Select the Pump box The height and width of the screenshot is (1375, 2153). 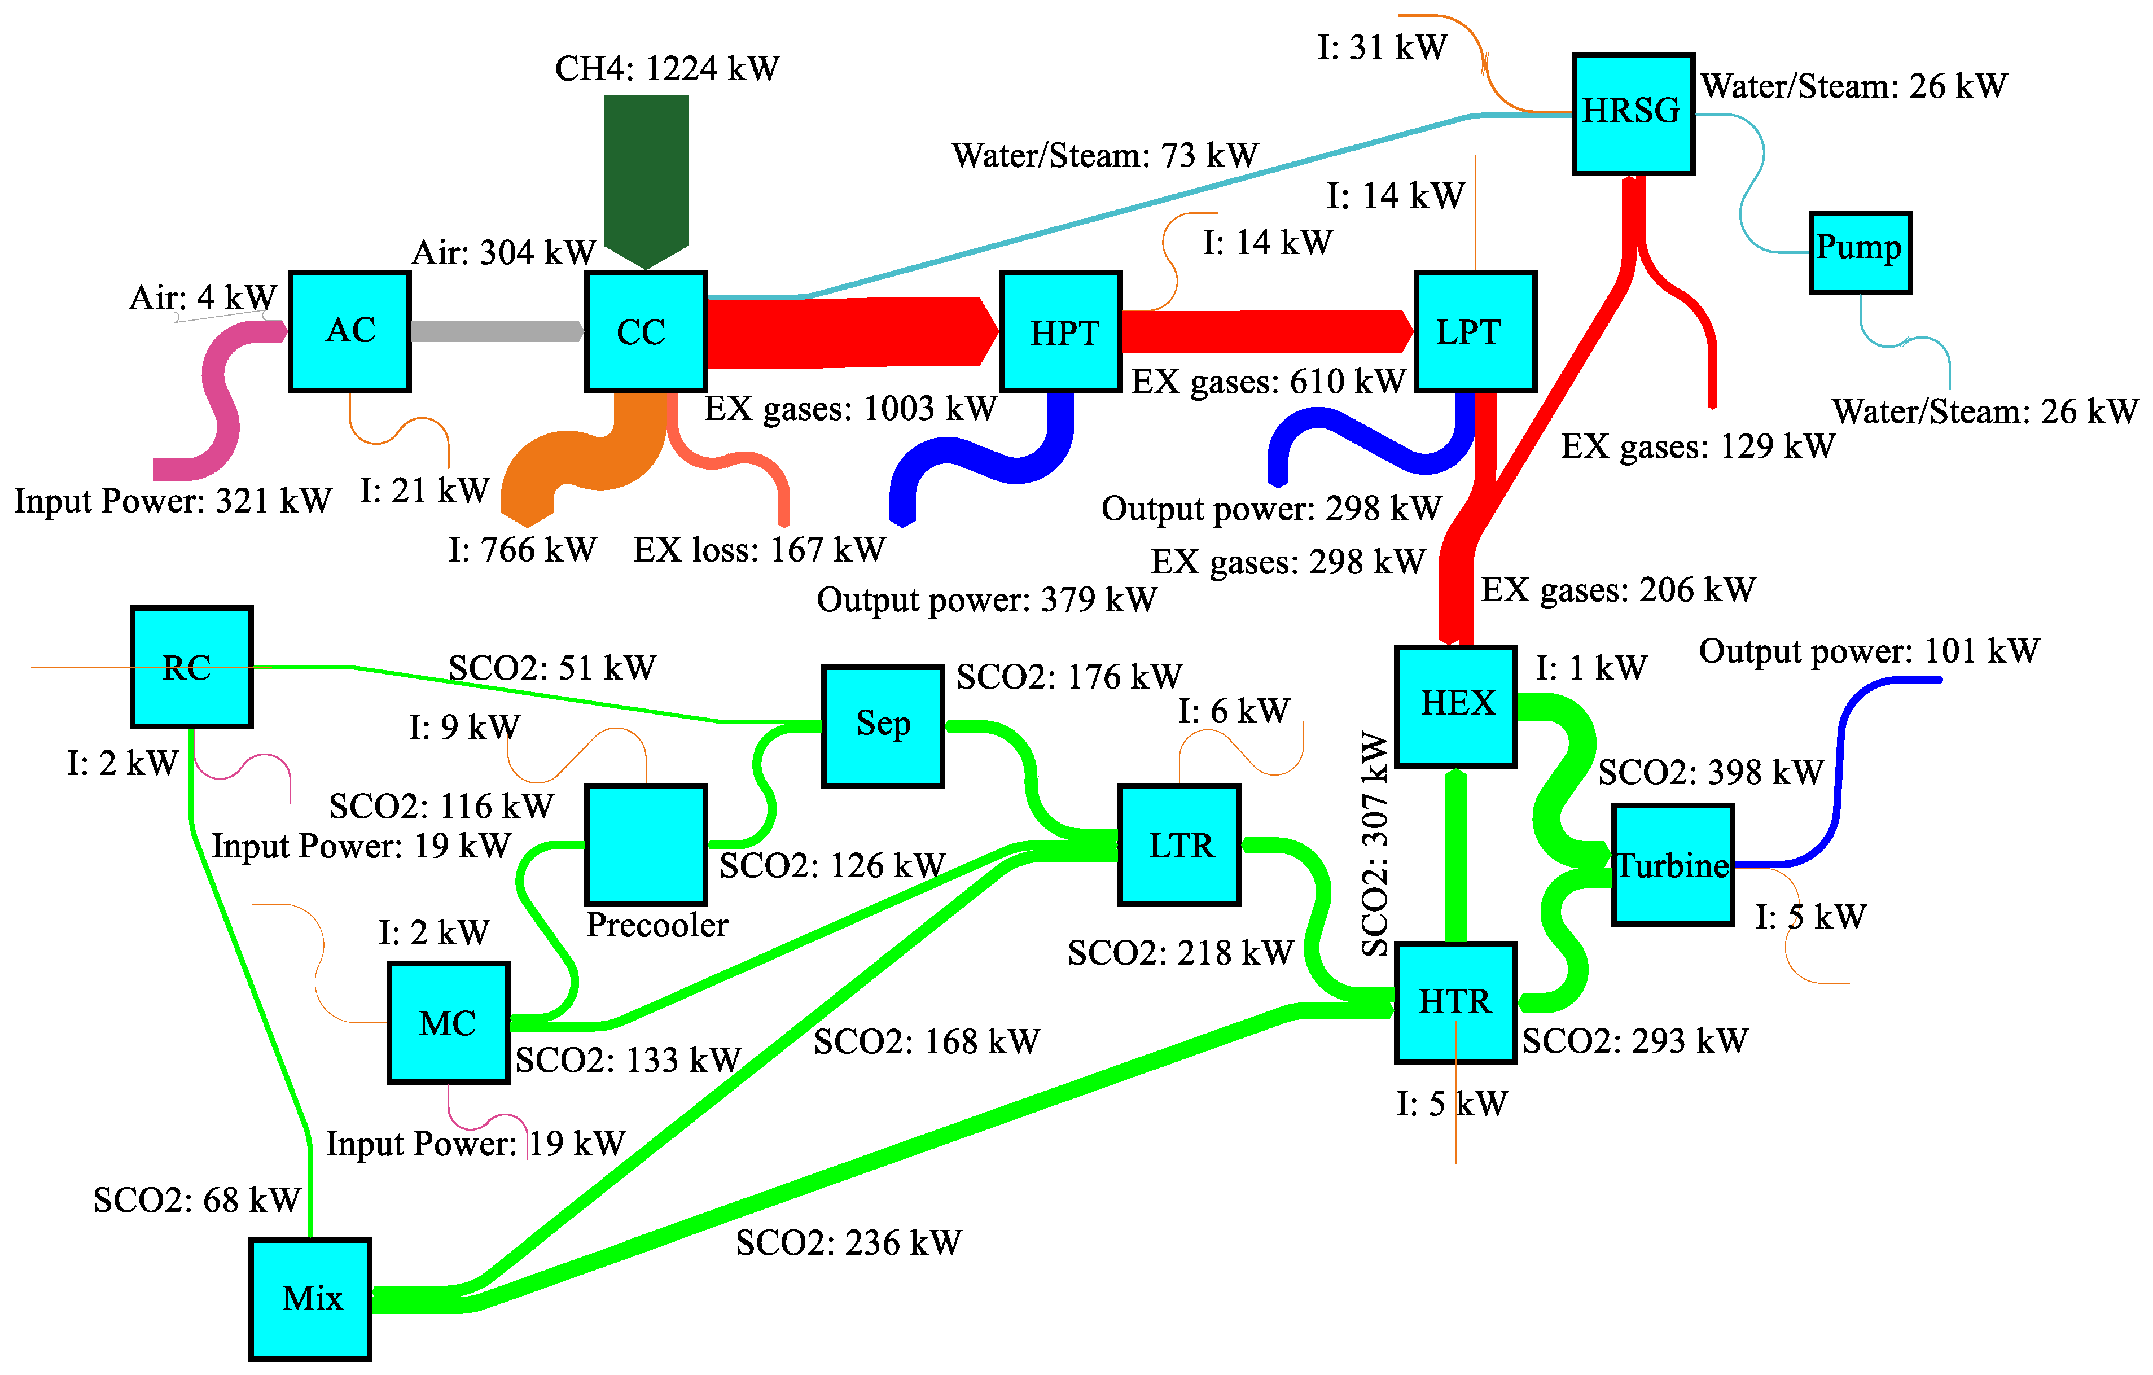1860,252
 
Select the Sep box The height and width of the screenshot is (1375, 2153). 883,726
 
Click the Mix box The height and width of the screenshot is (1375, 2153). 310,1299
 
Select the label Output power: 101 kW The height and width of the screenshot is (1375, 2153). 1869,651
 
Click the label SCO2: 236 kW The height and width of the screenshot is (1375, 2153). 849,1243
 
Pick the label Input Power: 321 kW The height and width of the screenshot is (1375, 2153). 173,501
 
